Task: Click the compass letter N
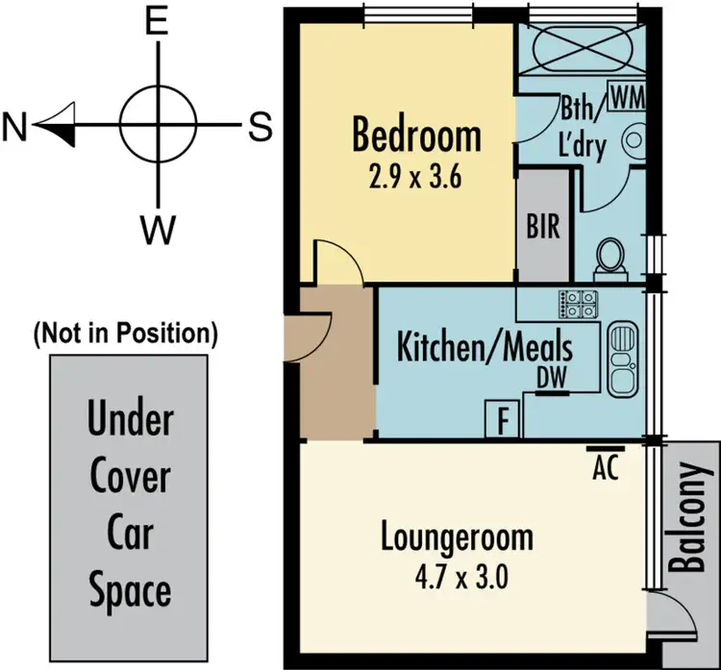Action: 13,126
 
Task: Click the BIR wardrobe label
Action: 543,230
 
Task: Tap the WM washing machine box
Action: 625,97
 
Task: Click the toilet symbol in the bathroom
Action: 609,256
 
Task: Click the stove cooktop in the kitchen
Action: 579,305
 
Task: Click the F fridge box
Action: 502,420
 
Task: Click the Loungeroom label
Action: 456,535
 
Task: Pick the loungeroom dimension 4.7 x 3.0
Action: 457,579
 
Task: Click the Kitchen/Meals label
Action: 485,346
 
